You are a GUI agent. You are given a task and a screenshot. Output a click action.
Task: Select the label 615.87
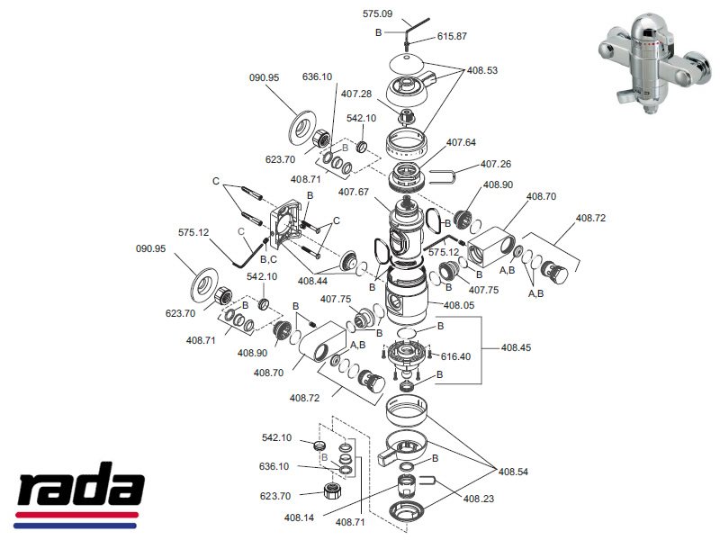453,36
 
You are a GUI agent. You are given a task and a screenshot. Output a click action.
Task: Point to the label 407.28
356,94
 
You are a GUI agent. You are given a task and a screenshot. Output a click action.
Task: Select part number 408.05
456,304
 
